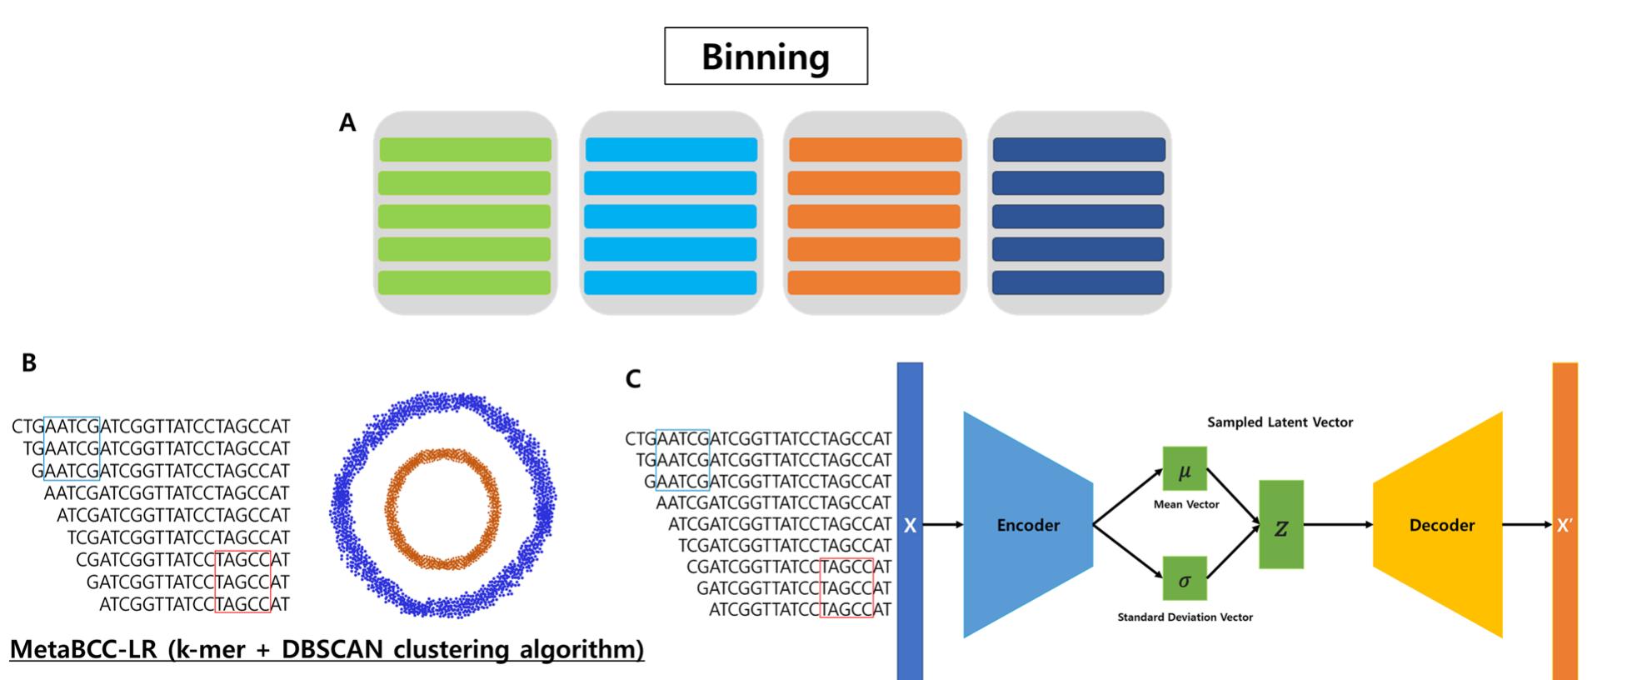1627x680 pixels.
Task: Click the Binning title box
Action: pyautogui.click(x=766, y=56)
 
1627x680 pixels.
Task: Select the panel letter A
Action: pyautogui.click(x=347, y=123)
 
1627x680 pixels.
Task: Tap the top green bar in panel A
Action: pyautogui.click(x=466, y=149)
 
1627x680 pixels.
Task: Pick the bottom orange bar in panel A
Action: pyautogui.click(x=874, y=282)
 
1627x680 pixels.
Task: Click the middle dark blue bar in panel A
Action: pyautogui.click(x=1078, y=216)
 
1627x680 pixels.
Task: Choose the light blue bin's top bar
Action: pyautogui.click(x=671, y=149)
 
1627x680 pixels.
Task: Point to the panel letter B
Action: pyautogui.click(x=29, y=363)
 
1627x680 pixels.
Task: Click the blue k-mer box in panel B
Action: pyautogui.click(x=72, y=448)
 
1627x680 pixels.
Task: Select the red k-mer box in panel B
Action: pyautogui.click(x=242, y=582)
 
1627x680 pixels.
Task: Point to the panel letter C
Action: pyautogui.click(x=633, y=380)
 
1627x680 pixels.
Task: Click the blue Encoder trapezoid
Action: pyautogui.click(x=1028, y=525)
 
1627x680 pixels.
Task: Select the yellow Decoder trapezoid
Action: pyautogui.click(x=1441, y=525)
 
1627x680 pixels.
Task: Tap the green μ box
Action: pyautogui.click(x=1185, y=469)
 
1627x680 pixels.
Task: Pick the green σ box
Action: pyautogui.click(x=1185, y=579)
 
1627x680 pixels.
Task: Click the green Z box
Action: pyautogui.click(x=1280, y=525)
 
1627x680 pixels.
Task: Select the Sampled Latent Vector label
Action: pyautogui.click(x=1280, y=422)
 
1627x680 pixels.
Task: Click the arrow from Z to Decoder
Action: pyautogui.click(x=1337, y=525)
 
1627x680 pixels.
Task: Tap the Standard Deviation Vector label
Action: pyautogui.click(x=1185, y=617)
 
